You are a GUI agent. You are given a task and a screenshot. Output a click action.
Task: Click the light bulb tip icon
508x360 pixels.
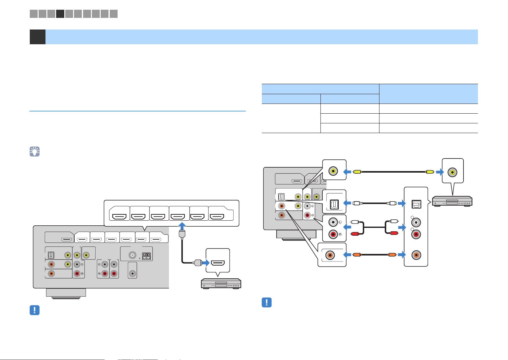click(x=34, y=151)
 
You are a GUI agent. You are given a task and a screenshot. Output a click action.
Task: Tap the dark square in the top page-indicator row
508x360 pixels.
click(x=60, y=14)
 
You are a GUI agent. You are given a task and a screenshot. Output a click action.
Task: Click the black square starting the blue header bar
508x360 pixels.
click(x=37, y=37)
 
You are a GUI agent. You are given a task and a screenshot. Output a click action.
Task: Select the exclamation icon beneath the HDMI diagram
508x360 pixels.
click(x=34, y=310)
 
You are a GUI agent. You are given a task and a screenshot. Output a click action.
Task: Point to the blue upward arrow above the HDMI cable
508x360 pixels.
click(x=182, y=226)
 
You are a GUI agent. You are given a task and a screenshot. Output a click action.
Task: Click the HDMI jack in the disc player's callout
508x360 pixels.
click(x=218, y=263)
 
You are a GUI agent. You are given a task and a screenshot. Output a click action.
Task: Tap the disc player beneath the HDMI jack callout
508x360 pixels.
click(x=221, y=284)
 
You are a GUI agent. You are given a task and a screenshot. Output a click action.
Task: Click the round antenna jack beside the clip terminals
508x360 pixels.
click(x=132, y=255)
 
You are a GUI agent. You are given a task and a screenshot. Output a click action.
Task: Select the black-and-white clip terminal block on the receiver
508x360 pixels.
click(x=146, y=256)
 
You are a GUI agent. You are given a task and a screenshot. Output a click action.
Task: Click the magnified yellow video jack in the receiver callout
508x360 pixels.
click(x=333, y=171)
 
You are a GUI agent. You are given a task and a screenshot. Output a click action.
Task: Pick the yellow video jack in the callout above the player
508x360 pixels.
click(x=452, y=172)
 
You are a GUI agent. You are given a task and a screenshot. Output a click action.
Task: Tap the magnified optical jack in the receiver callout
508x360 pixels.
click(x=334, y=204)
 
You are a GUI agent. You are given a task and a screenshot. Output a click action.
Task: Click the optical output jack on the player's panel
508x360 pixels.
click(x=416, y=204)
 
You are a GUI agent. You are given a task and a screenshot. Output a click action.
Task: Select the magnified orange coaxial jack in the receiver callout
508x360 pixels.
click(x=330, y=255)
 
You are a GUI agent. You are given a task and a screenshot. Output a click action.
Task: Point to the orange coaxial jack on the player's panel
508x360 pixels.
click(x=416, y=255)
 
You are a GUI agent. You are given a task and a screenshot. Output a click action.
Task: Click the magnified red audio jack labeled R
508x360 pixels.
click(x=333, y=234)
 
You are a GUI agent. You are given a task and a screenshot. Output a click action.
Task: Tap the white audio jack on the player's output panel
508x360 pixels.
click(x=416, y=222)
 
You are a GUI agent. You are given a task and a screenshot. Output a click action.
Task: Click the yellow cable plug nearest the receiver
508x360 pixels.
click(x=357, y=172)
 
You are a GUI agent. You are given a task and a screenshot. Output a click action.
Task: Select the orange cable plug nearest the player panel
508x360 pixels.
click(x=392, y=255)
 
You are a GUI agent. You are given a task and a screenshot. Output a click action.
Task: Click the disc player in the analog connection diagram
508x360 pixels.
click(x=452, y=201)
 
